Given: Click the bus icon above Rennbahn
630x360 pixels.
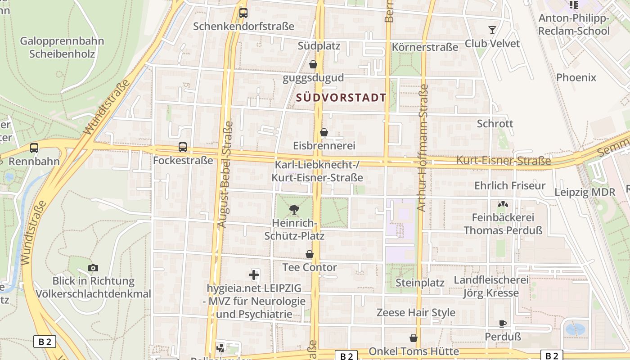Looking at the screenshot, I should click(34, 148).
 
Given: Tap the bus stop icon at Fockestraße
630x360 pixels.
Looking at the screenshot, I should click(182, 147).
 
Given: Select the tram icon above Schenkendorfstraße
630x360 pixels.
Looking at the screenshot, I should click(243, 13).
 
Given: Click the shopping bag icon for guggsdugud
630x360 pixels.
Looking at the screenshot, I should click(313, 64).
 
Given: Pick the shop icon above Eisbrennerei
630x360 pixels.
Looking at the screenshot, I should click(324, 132).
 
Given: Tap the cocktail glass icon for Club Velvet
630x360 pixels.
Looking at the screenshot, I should click(492, 30).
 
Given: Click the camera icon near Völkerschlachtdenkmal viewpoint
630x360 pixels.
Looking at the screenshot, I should click(93, 268).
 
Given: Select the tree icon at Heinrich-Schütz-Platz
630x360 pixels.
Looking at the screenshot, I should click(294, 209).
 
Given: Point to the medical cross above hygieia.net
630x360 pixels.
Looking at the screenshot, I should click(254, 274).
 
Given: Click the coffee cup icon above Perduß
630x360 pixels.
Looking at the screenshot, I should click(503, 323).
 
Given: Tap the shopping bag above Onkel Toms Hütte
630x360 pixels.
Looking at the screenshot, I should click(413, 338).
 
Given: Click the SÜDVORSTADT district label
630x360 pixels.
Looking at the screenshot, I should click(341, 98).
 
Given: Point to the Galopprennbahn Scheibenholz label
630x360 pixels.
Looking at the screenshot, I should click(62, 47).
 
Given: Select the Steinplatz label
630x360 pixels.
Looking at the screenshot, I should click(420, 283).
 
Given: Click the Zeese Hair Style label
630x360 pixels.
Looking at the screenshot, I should click(416, 312).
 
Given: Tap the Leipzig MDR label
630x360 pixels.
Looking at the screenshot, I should click(585, 192).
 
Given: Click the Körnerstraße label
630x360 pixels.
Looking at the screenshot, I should click(425, 47).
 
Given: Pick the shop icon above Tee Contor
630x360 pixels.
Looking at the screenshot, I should click(310, 255).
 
